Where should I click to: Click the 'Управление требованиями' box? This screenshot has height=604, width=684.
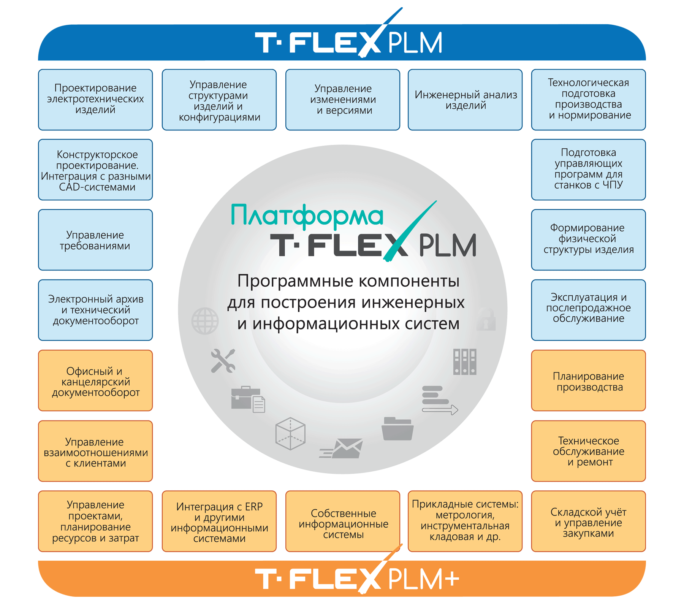(x=95, y=240)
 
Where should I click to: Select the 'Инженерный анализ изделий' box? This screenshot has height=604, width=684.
(x=465, y=100)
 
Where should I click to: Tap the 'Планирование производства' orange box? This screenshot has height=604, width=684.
(x=588, y=380)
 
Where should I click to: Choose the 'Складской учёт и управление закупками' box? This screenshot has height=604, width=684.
(x=588, y=521)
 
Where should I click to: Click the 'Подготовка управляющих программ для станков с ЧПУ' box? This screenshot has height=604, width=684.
(x=588, y=170)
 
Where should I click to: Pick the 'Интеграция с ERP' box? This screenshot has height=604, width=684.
(x=219, y=521)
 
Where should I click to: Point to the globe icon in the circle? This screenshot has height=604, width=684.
(x=205, y=321)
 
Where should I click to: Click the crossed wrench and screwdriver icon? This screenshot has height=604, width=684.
(x=223, y=360)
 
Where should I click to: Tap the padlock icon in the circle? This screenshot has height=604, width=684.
(x=486, y=319)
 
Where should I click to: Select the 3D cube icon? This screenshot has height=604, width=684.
(x=290, y=433)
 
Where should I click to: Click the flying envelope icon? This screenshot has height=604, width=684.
(x=341, y=448)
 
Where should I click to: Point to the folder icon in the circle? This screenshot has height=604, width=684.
(x=397, y=428)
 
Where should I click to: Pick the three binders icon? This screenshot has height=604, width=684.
(x=465, y=361)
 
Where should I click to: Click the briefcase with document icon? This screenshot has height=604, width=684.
(x=248, y=399)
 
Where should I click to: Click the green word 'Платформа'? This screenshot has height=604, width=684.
(x=307, y=216)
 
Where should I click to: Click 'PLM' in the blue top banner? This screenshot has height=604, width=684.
(x=415, y=42)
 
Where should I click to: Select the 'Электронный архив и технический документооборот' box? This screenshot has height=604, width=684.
(x=95, y=310)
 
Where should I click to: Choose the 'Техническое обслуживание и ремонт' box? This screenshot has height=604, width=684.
(x=588, y=451)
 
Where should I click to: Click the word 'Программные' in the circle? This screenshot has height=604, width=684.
(x=295, y=282)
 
